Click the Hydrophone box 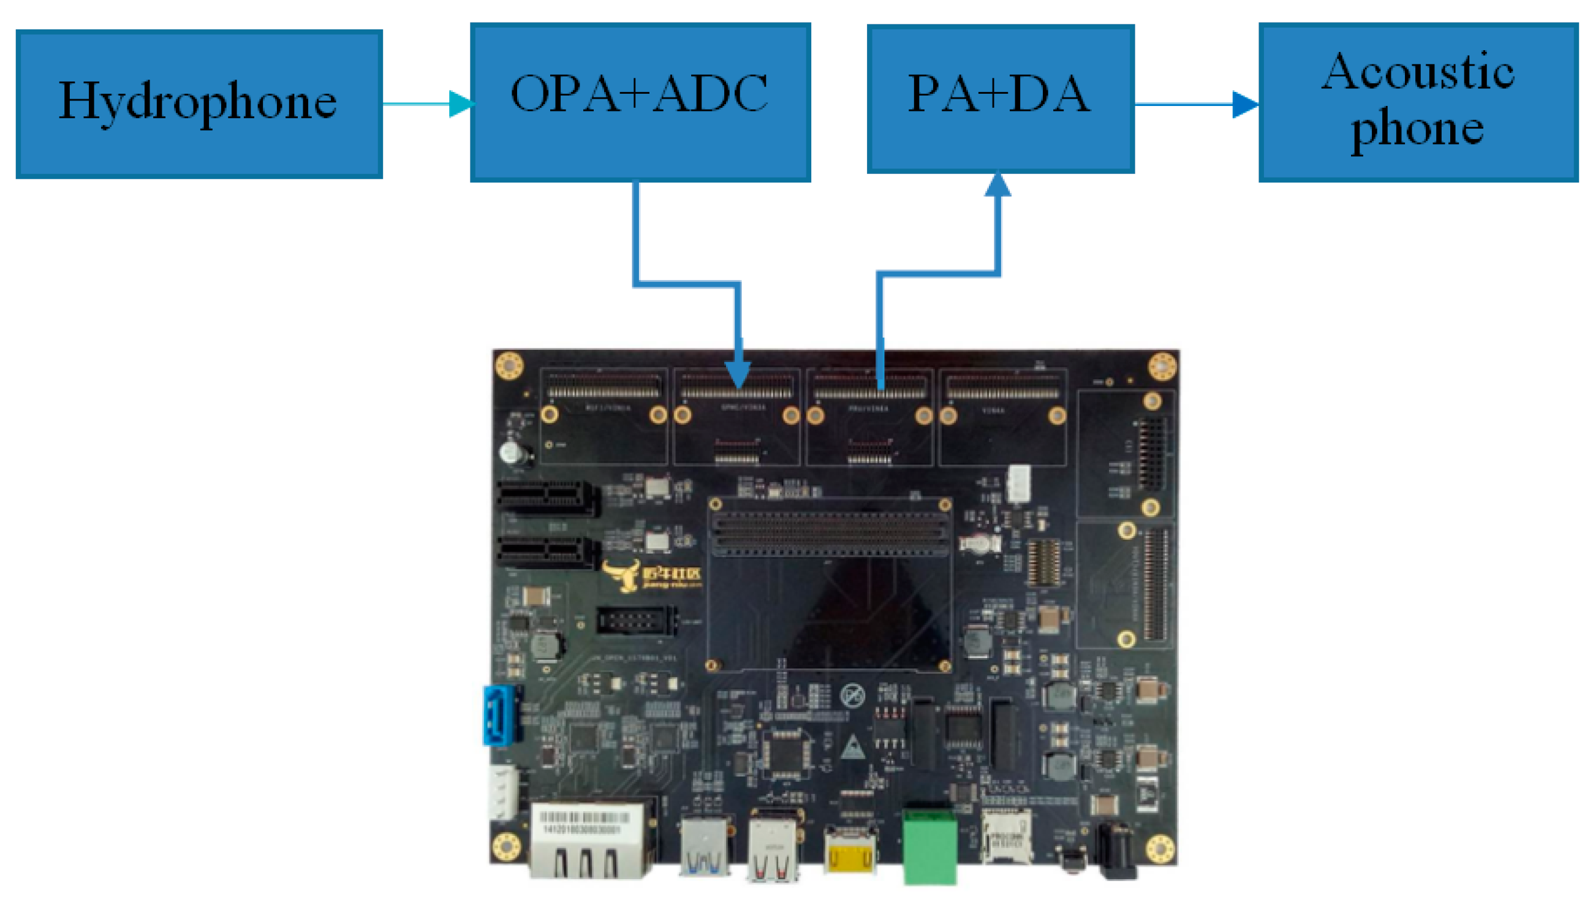[199, 104]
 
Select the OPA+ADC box [640, 102]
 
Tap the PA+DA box [999, 99]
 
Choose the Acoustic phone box [1417, 102]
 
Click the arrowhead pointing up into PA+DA [997, 184]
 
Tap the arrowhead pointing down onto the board [738, 374]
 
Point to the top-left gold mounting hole [509, 365]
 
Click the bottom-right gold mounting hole [1160, 849]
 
